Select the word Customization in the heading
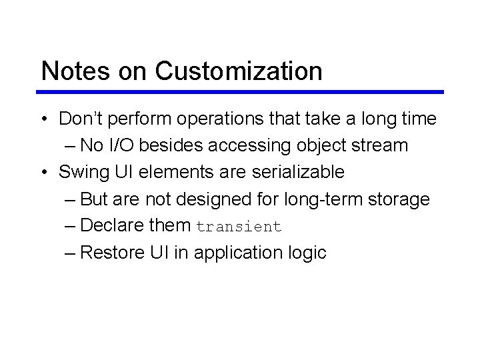(x=240, y=71)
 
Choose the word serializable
(x=298, y=173)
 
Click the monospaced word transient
(x=239, y=227)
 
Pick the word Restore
(x=113, y=253)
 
